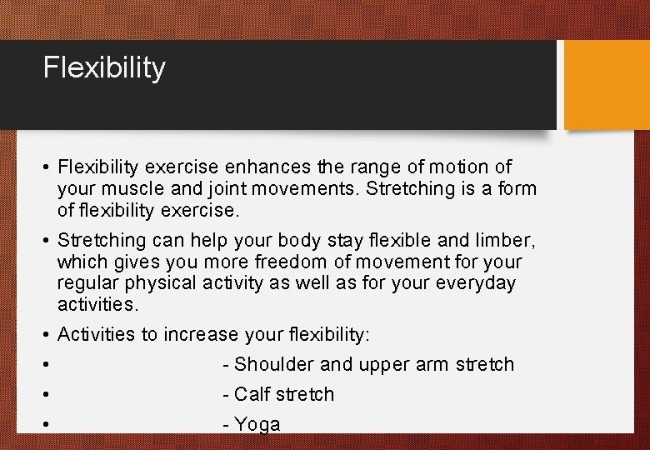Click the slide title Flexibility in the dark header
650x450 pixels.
tap(104, 67)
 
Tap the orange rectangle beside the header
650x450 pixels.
tap(607, 85)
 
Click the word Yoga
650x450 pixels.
tap(257, 425)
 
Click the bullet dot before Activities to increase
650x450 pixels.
tap(47, 335)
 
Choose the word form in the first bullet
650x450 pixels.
tap(517, 189)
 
